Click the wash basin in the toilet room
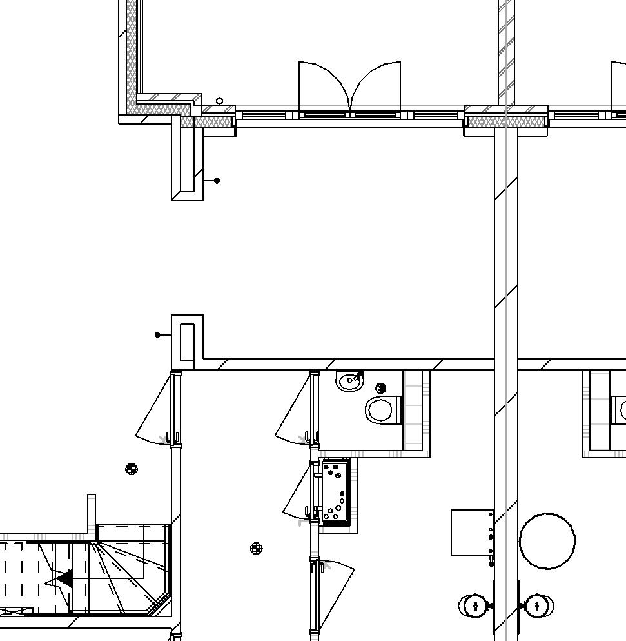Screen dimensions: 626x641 (350, 381)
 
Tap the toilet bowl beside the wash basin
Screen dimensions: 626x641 (381, 410)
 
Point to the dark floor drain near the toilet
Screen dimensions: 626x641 (380, 389)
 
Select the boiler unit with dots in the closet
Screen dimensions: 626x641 (335, 492)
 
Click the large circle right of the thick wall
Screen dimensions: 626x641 (547, 541)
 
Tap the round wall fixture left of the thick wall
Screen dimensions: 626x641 (474, 606)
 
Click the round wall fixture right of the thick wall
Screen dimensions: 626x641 (538, 606)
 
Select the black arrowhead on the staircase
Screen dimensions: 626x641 (64, 579)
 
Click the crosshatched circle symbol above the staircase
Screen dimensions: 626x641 (132, 469)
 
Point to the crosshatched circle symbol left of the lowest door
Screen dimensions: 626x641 (256, 549)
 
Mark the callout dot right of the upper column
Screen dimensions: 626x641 (217, 181)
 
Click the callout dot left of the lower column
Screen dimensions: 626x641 (158, 334)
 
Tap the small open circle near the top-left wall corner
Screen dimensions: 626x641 (219, 101)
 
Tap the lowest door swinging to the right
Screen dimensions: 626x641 (335, 591)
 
